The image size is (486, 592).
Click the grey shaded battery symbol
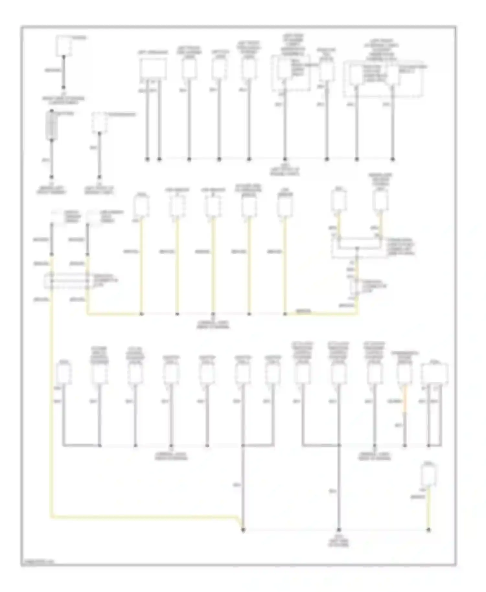tap(52, 126)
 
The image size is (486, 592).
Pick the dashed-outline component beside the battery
tap(99, 123)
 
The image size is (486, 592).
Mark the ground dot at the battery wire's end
tap(52, 177)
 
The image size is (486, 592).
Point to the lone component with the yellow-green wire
tap(428, 475)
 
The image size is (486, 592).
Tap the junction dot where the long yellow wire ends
tap(243, 530)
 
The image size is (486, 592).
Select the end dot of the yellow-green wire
tap(428, 530)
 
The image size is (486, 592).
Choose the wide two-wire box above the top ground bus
tap(153, 69)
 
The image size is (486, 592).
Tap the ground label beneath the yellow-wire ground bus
tap(213, 324)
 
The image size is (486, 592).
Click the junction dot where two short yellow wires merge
tap(357, 249)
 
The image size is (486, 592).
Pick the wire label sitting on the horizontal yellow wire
tap(304, 312)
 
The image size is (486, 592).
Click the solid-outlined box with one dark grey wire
tap(64, 46)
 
